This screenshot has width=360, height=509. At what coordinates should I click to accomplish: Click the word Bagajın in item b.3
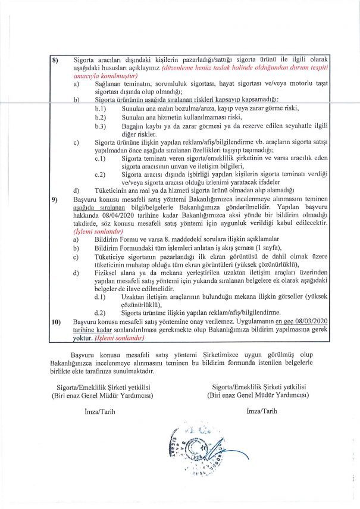[x=132, y=127]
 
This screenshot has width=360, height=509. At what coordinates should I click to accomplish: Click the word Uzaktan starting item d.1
[x=134, y=296]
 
